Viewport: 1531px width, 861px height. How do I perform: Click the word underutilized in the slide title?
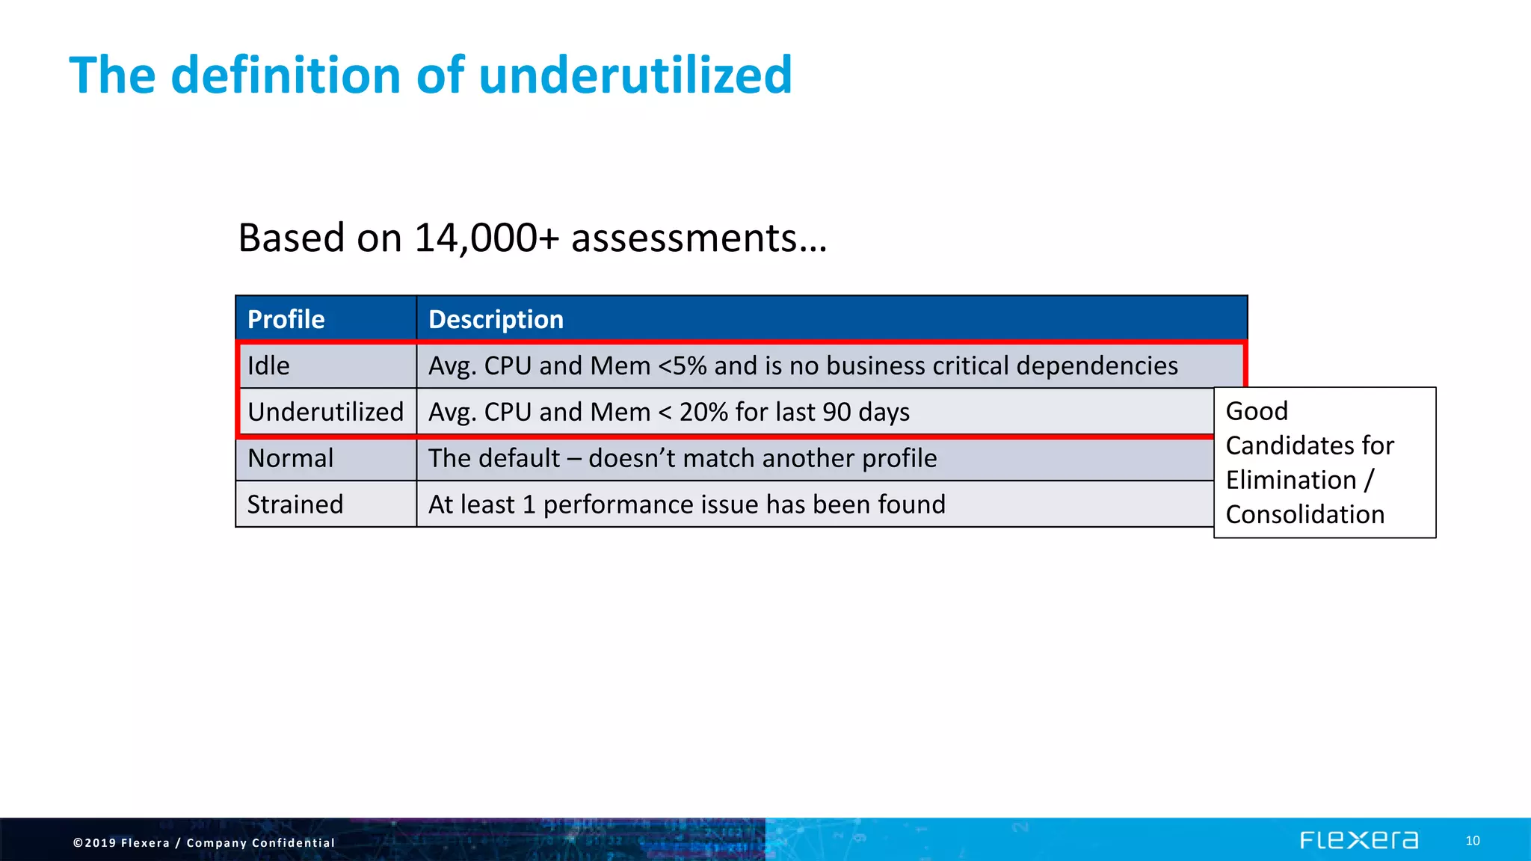[635, 75]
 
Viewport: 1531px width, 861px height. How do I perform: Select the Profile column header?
[286, 320]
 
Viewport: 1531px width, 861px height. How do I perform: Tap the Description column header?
[496, 320]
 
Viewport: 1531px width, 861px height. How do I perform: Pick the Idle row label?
[268, 366]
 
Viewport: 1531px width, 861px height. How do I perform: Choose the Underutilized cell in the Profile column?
[325, 413]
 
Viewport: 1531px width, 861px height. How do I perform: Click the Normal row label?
[290, 459]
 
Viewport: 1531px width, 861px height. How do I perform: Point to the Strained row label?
[295, 505]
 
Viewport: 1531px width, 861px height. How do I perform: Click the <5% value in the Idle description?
[682, 366]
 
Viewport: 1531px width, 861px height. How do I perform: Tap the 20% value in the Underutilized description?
[703, 413]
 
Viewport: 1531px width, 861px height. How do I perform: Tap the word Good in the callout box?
[1257, 411]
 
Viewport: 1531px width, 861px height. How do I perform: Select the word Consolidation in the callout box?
[1305, 515]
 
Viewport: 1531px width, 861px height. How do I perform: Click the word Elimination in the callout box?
[1291, 481]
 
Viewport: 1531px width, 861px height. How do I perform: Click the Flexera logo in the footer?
[1358, 841]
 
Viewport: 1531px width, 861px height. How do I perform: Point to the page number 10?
[1472, 841]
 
